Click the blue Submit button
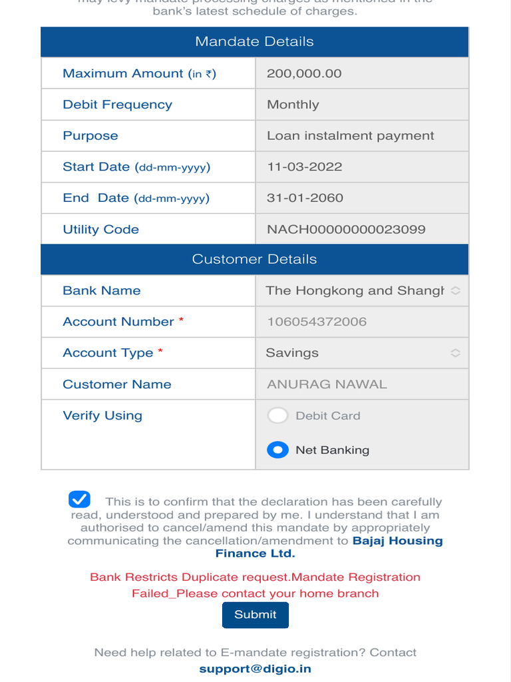click(x=255, y=615)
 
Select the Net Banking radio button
click(x=277, y=450)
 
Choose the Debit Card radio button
click(x=277, y=416)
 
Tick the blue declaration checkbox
click(x=79, y=500)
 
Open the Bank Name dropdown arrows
click(x=455, y=290)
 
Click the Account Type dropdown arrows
click(x=455, y=353)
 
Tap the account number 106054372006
click(x=317, y=322)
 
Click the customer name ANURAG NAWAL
click(x=327, y=384)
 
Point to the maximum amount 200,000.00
click(x=304, y=73)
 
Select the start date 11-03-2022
click(x=304, y=167)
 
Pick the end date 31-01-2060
click(x=305, y=198)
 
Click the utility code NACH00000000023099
click(x=346, y=229)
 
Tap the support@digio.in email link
click(x=255, y=669)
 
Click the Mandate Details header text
click(x=254, y=41)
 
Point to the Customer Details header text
click(x=254, y=259)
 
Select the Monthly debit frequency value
click(x=293, y=105)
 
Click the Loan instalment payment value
click(x=350, y=136)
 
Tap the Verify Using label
click(x=102, y=416)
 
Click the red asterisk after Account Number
click(x=181, y=320)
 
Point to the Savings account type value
click(x=292, y=353)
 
